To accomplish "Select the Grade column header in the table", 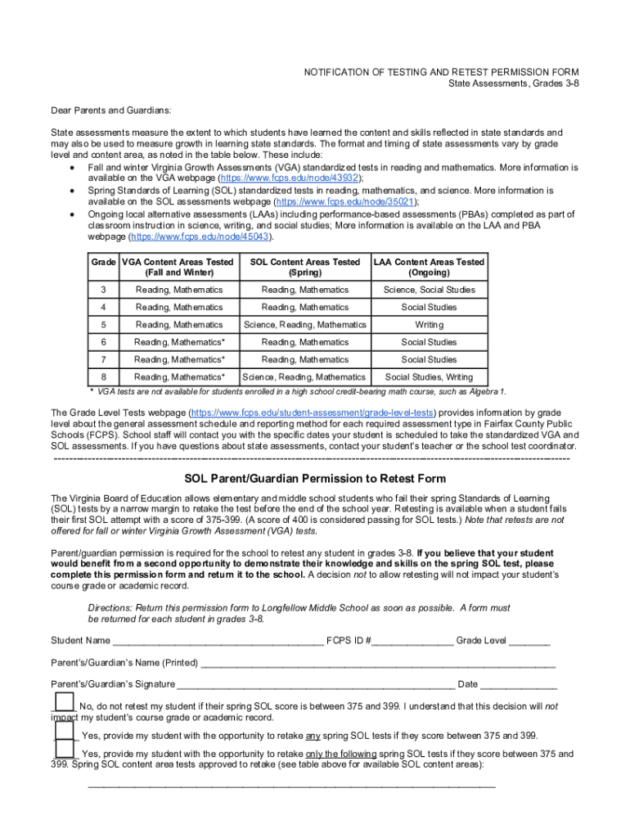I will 103,263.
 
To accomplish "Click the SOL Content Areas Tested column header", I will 304,267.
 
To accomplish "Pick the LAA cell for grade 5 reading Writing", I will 430,325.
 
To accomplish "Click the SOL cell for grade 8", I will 304,377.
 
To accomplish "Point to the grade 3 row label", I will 103,290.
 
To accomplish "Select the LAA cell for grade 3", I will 430,290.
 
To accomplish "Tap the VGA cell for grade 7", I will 179,359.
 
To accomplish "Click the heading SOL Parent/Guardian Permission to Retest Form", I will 315,479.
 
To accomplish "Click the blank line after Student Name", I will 218,641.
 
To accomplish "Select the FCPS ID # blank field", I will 414,641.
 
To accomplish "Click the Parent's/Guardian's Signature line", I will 316,684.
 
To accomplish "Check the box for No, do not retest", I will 65,702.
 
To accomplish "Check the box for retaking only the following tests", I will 65,750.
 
